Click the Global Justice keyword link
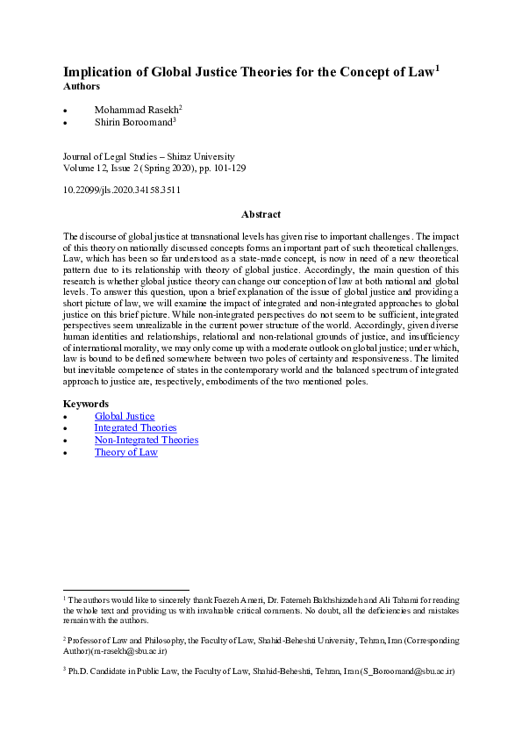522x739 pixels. pos(125,416)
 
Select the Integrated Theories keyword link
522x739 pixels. pos(135,428)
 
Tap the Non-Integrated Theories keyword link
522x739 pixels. pos(147,440)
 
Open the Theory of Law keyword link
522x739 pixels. pos(126,452)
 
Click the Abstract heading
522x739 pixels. pos(261,214)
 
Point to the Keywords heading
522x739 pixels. pos(86,404)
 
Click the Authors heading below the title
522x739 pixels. pos(82,87)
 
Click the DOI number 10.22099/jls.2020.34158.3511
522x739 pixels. pos(122,189)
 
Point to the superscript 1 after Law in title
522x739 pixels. pos(437,68)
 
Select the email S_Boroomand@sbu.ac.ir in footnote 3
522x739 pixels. pos(401,671)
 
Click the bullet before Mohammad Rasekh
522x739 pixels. pos(67,111)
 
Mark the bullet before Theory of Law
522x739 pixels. pos(67,453)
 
